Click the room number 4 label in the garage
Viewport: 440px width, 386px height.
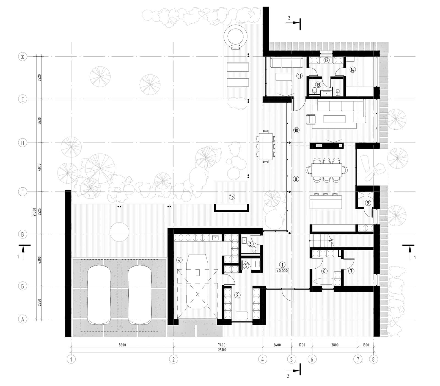coord(179,260)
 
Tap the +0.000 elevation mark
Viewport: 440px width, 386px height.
coord(282,271)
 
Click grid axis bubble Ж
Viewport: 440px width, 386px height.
coord(23,57)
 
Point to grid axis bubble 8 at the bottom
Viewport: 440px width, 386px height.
coord(373,359)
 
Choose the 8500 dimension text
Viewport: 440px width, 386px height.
coord(122,345)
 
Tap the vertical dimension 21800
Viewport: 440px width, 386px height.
coord(34,212)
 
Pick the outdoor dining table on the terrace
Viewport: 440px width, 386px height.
coord(266,146)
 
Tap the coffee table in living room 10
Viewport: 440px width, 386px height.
coord(334,119)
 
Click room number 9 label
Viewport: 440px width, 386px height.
coord(368,203)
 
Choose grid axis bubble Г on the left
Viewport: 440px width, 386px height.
coord(23,192)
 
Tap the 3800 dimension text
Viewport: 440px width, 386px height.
coord(335,345)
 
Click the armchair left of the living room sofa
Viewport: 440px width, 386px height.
coord(311,119)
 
